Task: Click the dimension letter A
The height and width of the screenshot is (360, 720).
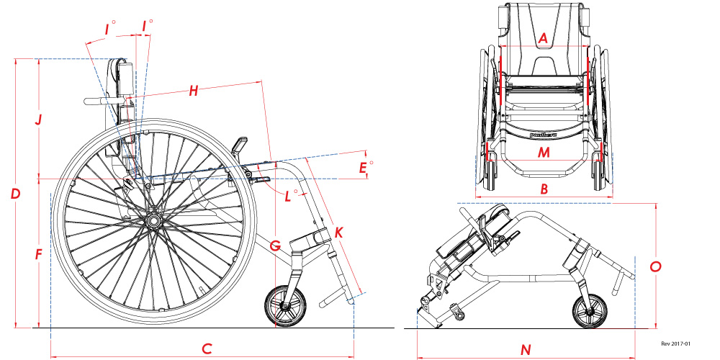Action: click(544, 37)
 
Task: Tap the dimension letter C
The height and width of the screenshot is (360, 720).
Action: click(207, 349)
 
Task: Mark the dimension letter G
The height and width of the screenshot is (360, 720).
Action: click(274, 246)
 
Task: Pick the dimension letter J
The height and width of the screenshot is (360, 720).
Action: click(40, 119)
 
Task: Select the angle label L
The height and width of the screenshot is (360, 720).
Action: click(289, 195)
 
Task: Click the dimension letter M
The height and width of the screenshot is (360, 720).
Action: click(544, 152)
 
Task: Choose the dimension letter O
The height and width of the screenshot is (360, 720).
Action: click(655, 266)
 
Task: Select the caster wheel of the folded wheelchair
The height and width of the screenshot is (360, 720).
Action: click(591, 311)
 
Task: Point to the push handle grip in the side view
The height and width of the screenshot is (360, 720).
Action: click(96, 102)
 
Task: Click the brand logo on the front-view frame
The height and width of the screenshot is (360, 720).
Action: click(544, 134)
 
